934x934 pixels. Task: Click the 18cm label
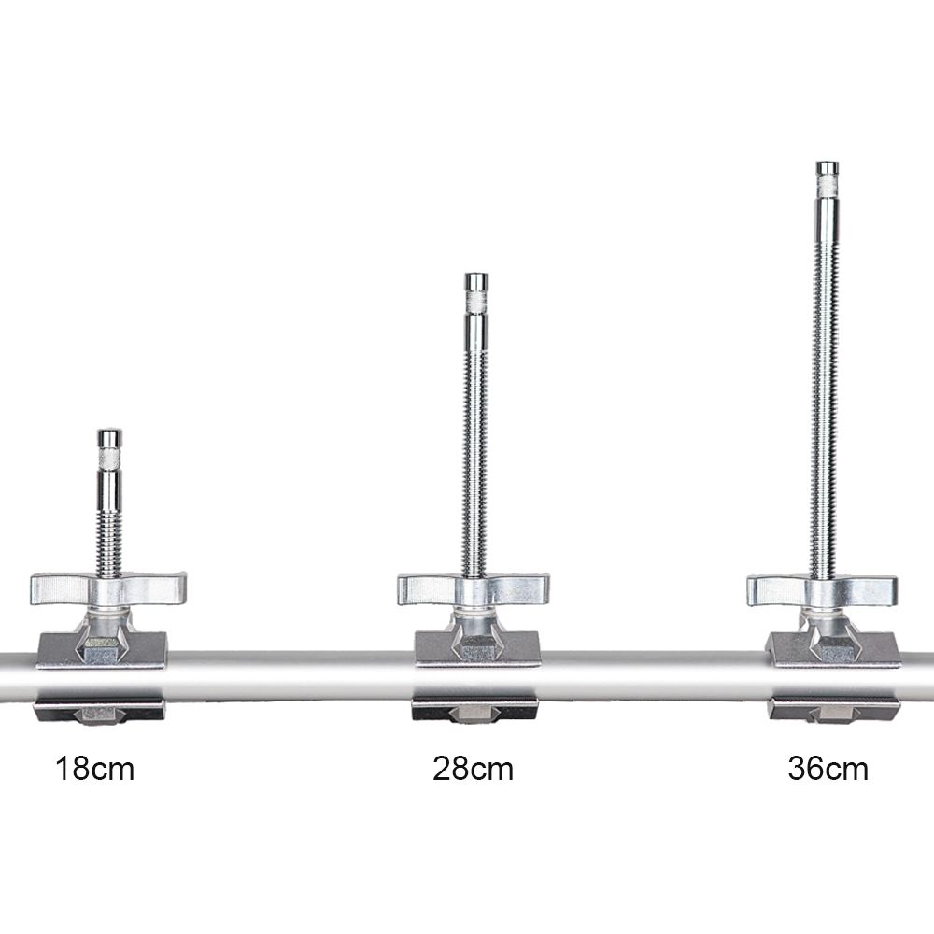tap(94, 769)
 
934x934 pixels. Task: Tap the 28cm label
tap(473, 769)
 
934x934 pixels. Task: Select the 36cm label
tap(828, 769)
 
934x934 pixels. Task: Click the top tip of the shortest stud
tap(109, 431)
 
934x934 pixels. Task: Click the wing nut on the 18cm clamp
tap(108, 589)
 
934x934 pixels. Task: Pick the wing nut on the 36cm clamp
tap(823, 591)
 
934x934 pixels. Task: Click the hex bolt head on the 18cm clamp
tap(102, 650)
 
